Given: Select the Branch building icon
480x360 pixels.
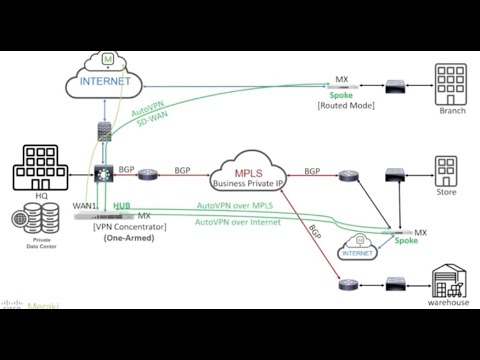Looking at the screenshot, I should coord(451,84).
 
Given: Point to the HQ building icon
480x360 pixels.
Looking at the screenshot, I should coord(41,168).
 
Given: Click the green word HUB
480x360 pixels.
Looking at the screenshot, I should coord(122,206).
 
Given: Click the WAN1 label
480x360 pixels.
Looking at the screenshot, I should coord(85,206).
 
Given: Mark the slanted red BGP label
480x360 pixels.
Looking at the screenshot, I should coord(314,234).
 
